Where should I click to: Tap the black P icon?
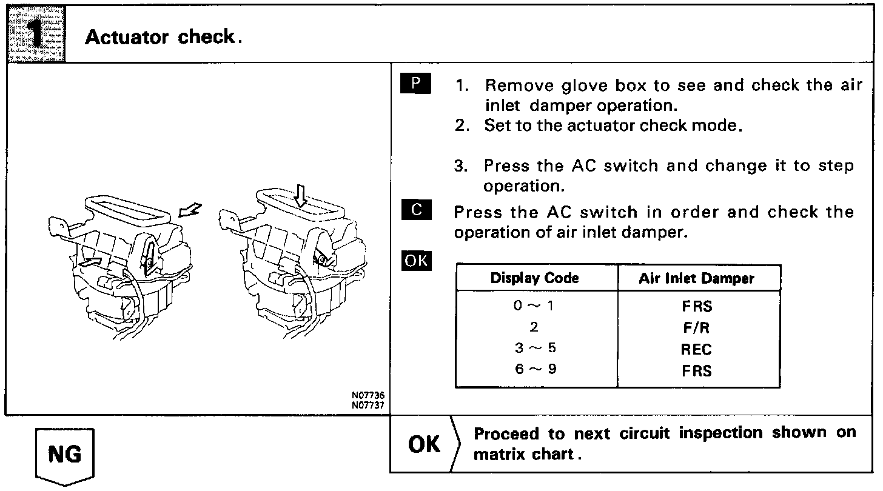[415, 84]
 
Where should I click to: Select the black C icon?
[415, 210]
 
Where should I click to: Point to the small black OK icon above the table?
[415, 261]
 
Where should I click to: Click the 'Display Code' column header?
[534, 278]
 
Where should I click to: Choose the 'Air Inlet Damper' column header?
[696, 278]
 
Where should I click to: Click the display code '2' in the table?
[534, 327]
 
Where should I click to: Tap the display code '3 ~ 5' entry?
[534, 349]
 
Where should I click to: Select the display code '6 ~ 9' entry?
[534, 369]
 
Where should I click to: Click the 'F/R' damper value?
[696, 328]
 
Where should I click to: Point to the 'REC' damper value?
[696, 349]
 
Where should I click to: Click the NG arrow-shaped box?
[65, 455]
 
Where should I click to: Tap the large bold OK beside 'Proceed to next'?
[425, 444]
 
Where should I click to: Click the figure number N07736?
[368, 395]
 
